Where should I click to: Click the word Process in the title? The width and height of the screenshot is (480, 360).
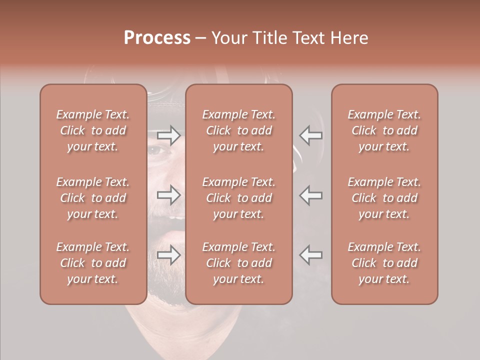click(156, 38)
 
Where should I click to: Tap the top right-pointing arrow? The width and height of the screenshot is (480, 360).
click(169, 135)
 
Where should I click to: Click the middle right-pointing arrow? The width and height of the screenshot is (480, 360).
click(169, 195)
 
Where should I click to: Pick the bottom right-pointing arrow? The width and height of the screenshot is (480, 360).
click(169, 255)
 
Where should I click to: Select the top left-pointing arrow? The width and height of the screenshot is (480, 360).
click(311, 135)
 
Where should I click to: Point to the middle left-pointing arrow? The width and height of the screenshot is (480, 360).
click(311, 195)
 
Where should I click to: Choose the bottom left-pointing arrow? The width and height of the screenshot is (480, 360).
click(311, 255)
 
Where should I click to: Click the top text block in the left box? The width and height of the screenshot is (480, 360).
click(93, 130)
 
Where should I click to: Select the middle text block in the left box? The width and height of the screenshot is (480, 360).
click(93, 198)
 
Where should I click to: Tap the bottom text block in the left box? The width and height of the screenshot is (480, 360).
click(93, 263)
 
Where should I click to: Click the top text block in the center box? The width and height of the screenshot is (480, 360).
click(239, 130)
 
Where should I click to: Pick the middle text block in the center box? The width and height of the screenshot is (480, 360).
click(239, 198)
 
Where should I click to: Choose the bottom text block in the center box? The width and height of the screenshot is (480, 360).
click(239, 263)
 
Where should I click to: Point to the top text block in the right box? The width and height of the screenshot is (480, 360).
click(384, 130)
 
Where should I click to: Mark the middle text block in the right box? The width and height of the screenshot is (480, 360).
click(384, 198)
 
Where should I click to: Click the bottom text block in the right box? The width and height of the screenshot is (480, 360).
click(384, 263)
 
